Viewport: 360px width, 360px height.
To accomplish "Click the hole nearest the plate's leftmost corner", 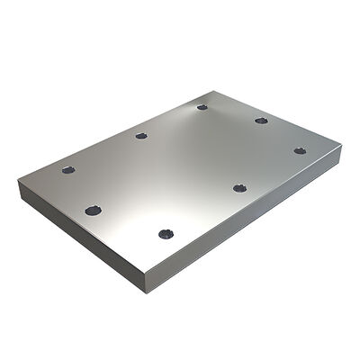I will [x=68, y=169].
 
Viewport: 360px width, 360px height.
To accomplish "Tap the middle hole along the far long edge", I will [x=141, y=136].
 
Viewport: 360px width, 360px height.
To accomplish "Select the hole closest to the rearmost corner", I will [x=202, y=107].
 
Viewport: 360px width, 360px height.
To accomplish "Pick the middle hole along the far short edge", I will [x=261, y=120].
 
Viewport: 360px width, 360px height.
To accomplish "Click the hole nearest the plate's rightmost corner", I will [x=300, y=150].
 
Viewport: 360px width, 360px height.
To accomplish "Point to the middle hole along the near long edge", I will [x=239, y=187].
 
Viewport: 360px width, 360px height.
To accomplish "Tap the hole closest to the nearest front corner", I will [x=165, y=234].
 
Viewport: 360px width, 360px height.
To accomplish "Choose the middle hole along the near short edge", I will [x=93, y=211].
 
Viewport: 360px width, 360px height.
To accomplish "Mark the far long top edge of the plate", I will [x=117, y=135].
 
